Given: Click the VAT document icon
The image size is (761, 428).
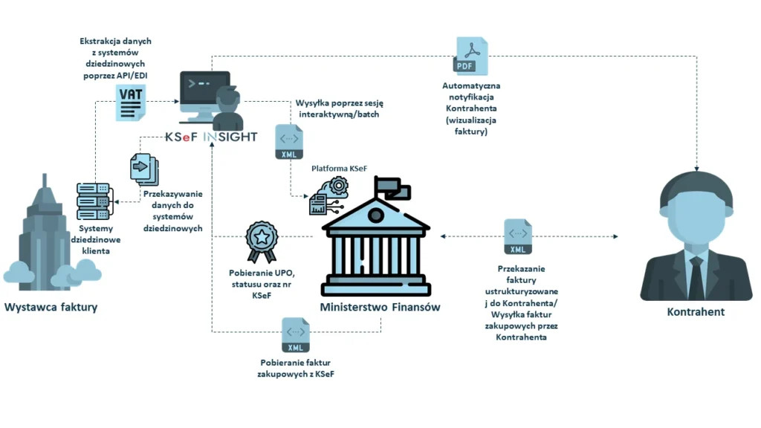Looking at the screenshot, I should (x=130, y=103).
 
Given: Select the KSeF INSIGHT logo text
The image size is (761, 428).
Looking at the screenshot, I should (x=212, y=137).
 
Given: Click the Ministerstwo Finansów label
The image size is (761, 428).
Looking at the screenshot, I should (x=380, y=307).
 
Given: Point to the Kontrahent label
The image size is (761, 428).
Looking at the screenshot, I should (x=696, y=311).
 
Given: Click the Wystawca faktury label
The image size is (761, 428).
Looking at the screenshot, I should (x=51, y=307).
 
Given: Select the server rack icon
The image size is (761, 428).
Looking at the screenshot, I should (x=93, y=201).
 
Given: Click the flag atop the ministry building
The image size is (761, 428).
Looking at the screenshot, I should (x=392, y=189).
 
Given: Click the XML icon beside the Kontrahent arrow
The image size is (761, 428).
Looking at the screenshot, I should (x=517, y=237).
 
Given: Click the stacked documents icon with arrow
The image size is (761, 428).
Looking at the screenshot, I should (x=142, y=169).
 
